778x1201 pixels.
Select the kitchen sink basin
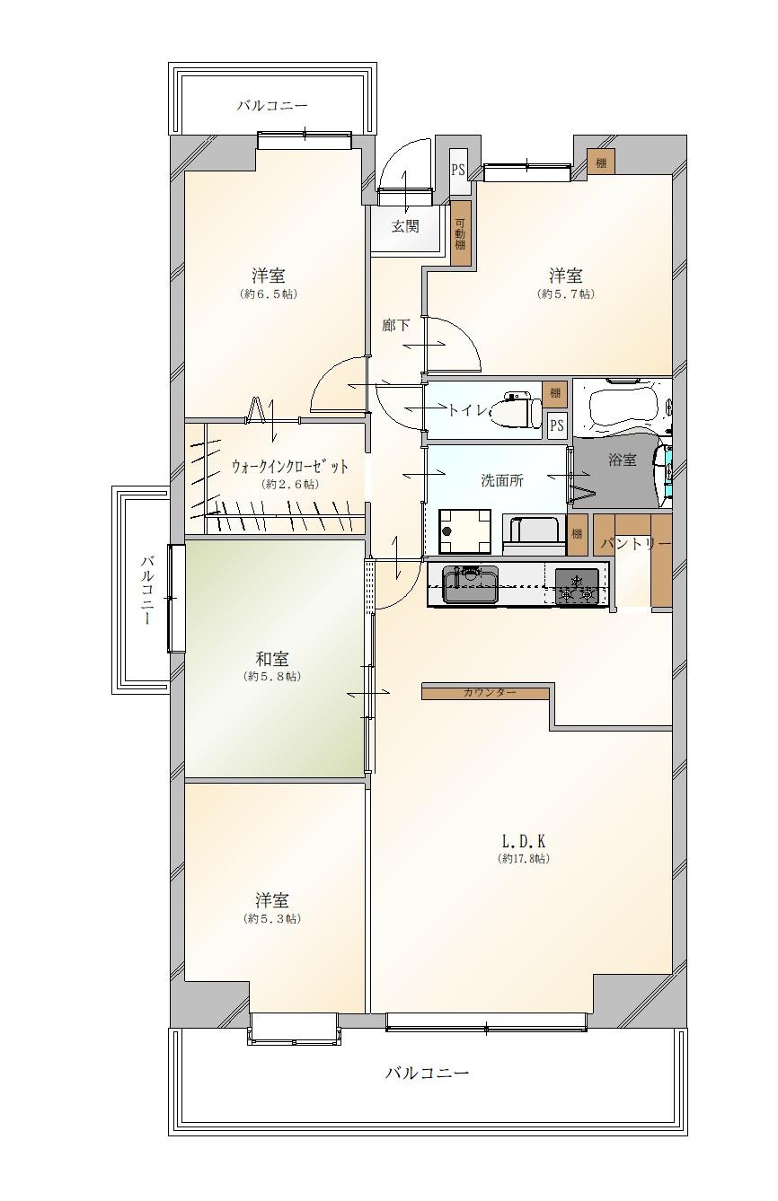click(x=471, y=584)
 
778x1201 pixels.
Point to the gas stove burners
click(x=577, y=587)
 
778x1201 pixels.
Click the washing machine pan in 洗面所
click(x=464, y=531)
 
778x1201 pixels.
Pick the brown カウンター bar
click(x=486, y=692)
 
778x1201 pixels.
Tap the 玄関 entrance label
click(x=404, y=226)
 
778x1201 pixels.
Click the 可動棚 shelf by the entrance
click(x=460, y=233)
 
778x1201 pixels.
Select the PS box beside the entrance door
click(x=457, y=171)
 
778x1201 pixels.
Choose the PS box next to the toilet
click(x=558, y=425)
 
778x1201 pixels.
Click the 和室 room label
click(x=271, y=659)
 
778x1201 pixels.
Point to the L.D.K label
click(x=523, y=841)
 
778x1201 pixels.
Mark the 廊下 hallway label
click(x=395, y=325)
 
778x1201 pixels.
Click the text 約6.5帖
click(x=269, y=294)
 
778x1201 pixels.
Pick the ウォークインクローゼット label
click(x=290, y=467)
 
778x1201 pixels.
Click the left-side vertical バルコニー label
click(x=147, y=591)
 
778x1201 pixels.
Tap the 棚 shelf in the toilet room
click(x=554, y=393)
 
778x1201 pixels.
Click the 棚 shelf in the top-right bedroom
click(x=601, y=162)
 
